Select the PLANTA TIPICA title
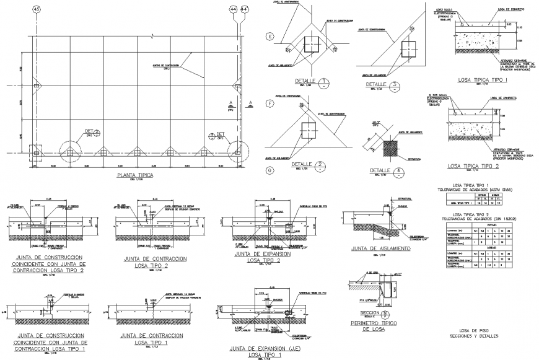[134, 175]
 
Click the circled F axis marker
[269, 103]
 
